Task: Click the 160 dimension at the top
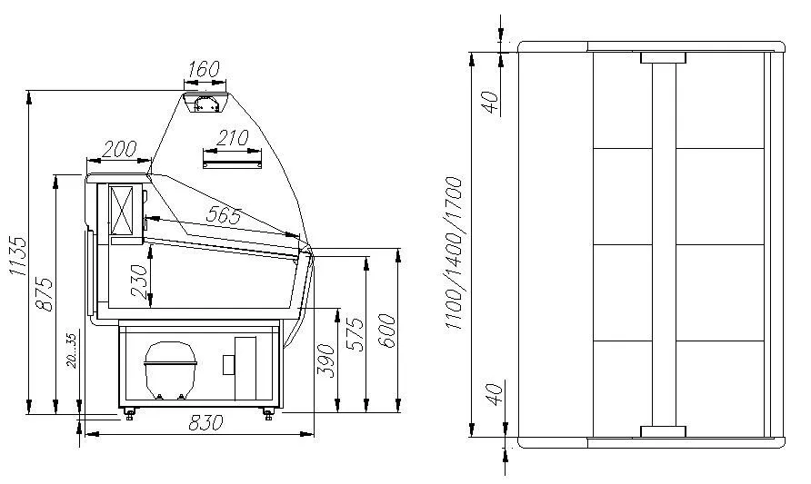coord(205,68)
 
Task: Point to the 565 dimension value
coord(223,215)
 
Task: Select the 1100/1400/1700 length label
coord(456,254)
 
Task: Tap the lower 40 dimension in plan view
coord(491,397)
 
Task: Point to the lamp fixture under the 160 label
coord(206,102)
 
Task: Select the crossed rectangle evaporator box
coord(122,212)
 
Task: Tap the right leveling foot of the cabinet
coord(268,413)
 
